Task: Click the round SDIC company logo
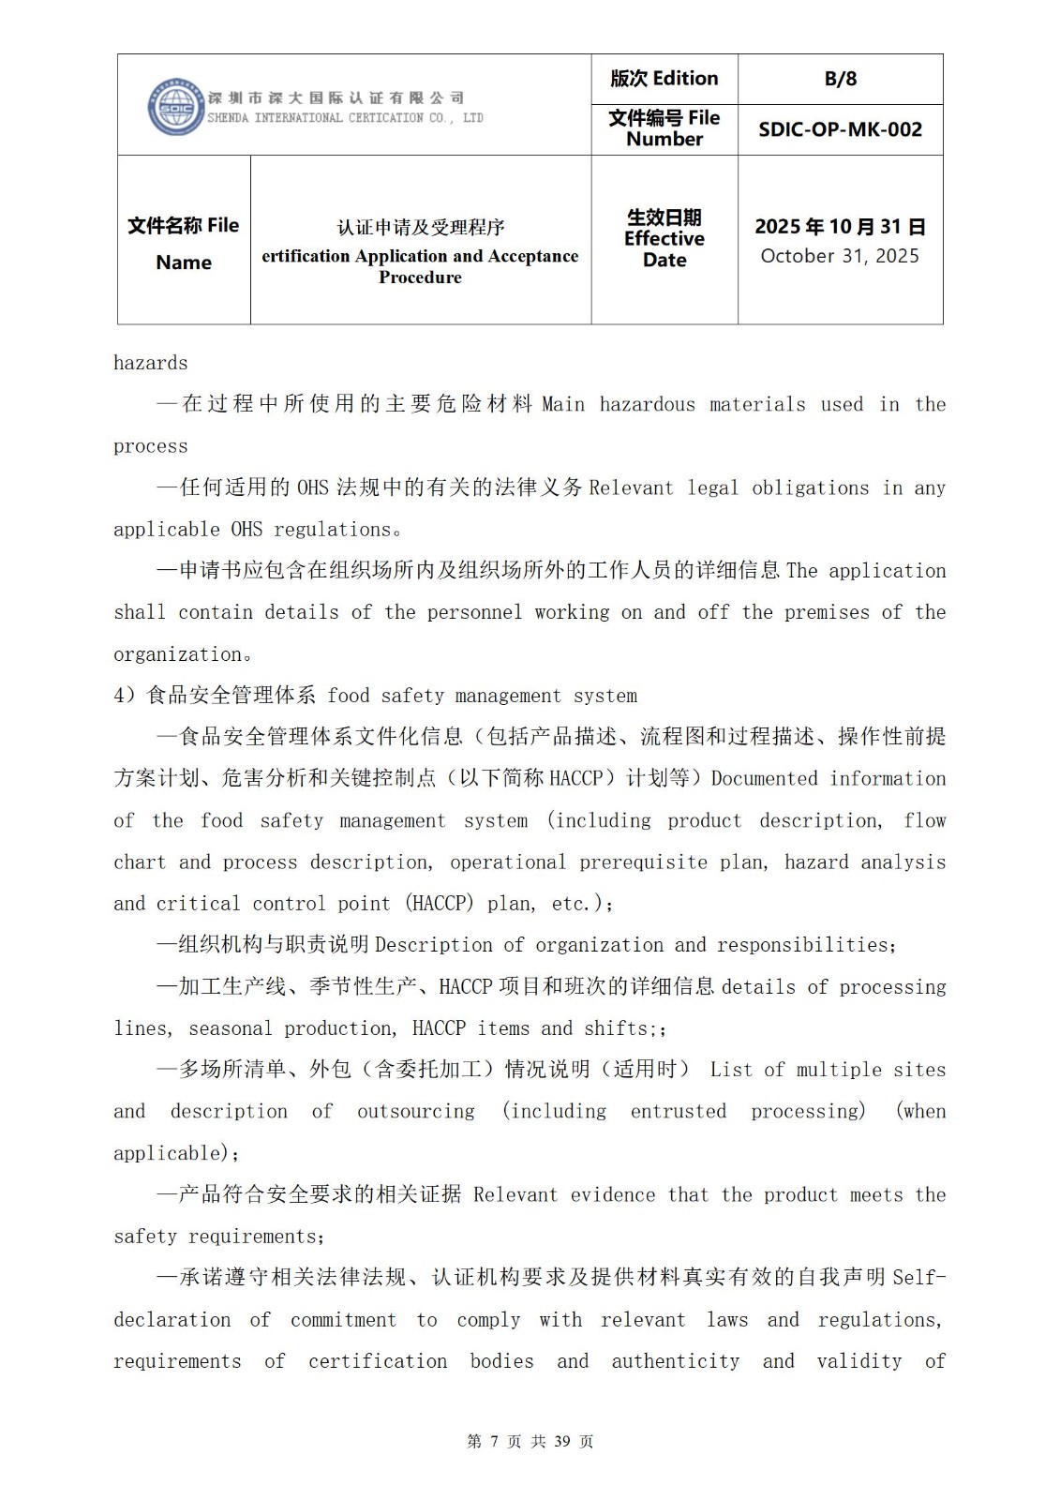[x=175, y=107]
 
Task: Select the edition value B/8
[x=840, y=79]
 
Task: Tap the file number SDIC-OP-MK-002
[x=840, y=129]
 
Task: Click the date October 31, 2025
[x=840, y=256]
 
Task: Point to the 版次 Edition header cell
[x=664, y=79]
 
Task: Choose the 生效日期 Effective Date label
[x=664, y=239]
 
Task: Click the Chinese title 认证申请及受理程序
[x=421, y=227]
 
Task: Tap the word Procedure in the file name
[x=420, y=277]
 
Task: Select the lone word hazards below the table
[x=150, y=363]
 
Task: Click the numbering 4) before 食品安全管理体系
[x=125, y=696]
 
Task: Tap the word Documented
[x=764, y=778]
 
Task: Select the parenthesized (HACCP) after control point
[x=440, y=904]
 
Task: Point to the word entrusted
[x=678, y=1111]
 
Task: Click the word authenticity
[x=675, y=1360]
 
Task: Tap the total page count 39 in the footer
[x=562, y=1441]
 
